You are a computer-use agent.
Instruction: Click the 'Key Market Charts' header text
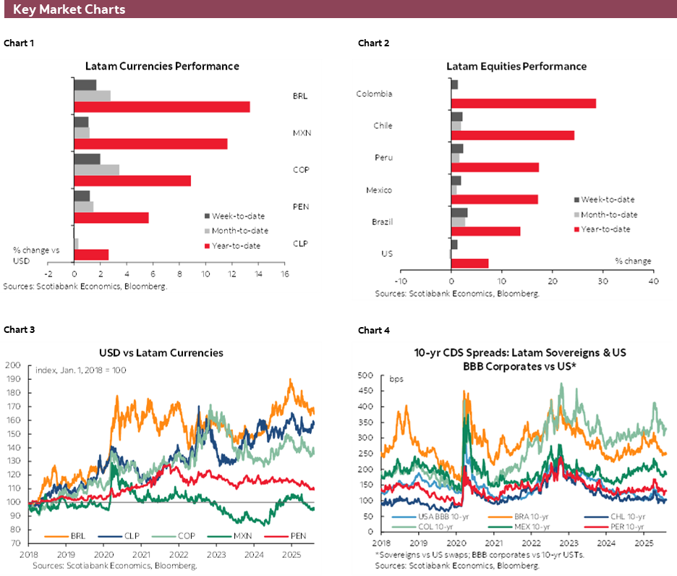click(x=69, y=9)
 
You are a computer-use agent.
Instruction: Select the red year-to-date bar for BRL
click(x=162, y=107)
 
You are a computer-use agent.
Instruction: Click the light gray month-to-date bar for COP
click(x=96, y=170)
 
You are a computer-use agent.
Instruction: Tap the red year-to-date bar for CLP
click(x=91, y=255)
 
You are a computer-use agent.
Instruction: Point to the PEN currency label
click(x=300, y=207)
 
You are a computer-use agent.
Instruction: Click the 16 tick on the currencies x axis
click(x=284, y=275)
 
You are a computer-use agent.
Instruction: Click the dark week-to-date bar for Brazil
click(x=459, y=212)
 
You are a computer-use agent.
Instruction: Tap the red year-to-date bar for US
click(x=469, y=263)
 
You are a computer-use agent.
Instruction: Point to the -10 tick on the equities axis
click(x=400, y=281)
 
